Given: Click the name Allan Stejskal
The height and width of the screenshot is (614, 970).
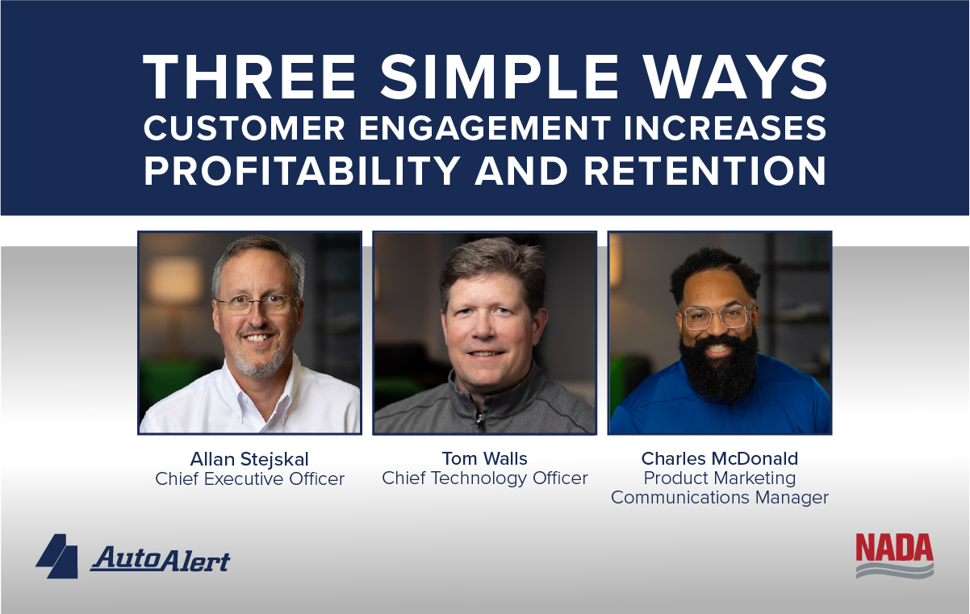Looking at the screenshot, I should pyautogui.click(x=249, y=459).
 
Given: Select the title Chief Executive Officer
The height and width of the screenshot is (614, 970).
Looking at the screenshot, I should pyautogui.click(x=249, y=479).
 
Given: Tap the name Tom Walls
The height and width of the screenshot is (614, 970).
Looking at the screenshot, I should pyautogui.click(x=484, y=459).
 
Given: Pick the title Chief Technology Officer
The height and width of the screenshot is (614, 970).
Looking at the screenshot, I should pyautogui.click(x=484, y=478).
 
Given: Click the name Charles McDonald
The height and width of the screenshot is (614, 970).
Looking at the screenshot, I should pyautogui.click(x=719, y=459).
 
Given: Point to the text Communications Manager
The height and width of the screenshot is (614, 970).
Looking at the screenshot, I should pyautogui.click(x=719, y=498).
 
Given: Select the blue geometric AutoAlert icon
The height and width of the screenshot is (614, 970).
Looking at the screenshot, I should pyautogui.click(x=57, y=556).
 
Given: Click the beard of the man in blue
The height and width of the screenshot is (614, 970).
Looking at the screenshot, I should pyautogui.click(x=719, y=367).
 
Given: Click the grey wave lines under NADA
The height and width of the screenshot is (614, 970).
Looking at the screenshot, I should pyautogui.click(x=894, y=570).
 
